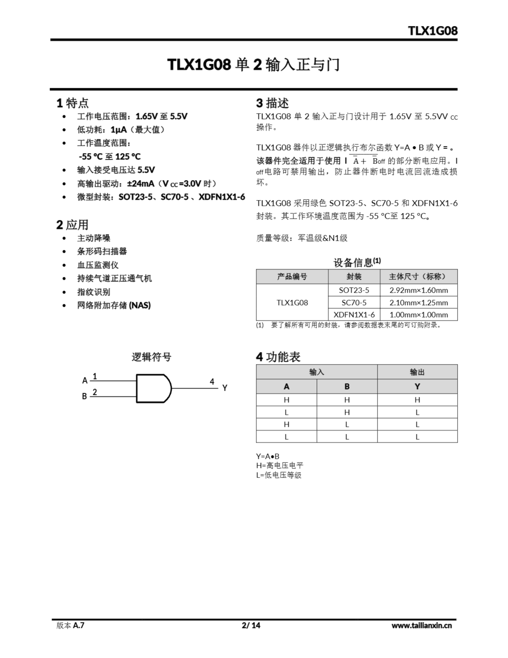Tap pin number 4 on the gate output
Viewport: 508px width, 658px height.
(x=212, y=382)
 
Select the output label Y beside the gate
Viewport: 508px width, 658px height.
(x=225, y=388)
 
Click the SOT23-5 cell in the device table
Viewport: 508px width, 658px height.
(x=354, y=290)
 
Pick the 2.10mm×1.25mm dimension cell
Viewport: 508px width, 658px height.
(x=419, y=303)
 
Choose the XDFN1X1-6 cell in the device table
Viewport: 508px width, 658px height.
(x=354, y=315)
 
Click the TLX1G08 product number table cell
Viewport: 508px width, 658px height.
(x=292, y=303)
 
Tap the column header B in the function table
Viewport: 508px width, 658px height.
(x=347, y=387)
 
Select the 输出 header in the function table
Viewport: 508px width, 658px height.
(x=417, y=372)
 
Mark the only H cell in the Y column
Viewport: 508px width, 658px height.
(x=417, y=400)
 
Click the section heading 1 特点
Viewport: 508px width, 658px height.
(x=72, y=103)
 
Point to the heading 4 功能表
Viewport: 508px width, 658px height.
(x=278, y=357)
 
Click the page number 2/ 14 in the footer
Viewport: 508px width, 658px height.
(x=251, y=625)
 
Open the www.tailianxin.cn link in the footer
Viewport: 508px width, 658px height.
(x=421, y=625)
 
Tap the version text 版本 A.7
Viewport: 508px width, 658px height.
(x=70, y=625)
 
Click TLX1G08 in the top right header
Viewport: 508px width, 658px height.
(x=432, y=31)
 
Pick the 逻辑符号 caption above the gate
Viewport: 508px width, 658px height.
(x=152, y=357)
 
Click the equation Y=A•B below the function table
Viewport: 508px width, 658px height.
(x=268, y=456)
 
